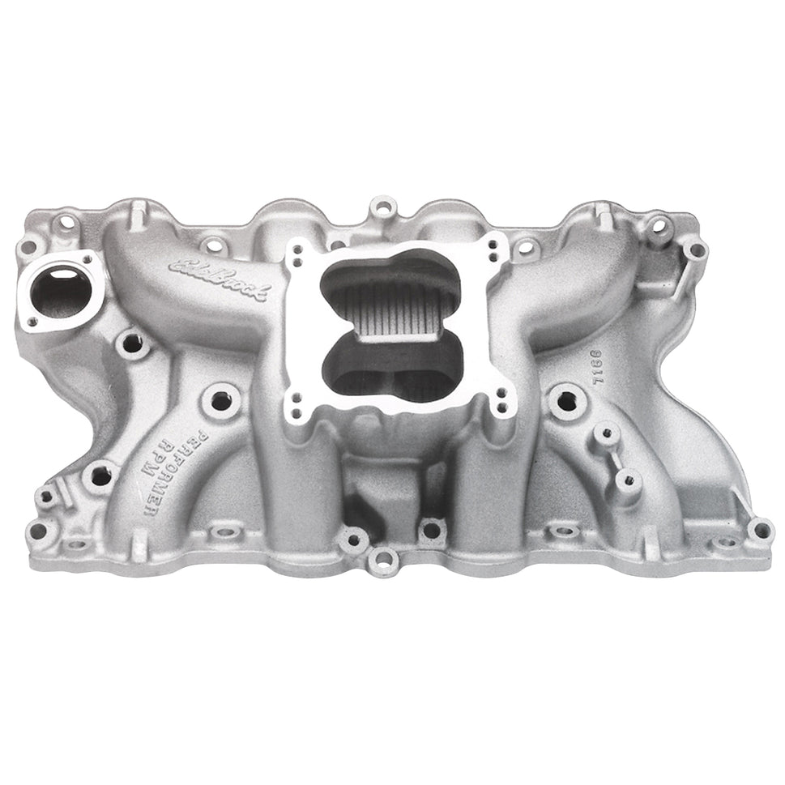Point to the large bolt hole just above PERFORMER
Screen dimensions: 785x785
[220, 399]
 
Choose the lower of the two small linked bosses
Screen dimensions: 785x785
[625, 480]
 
